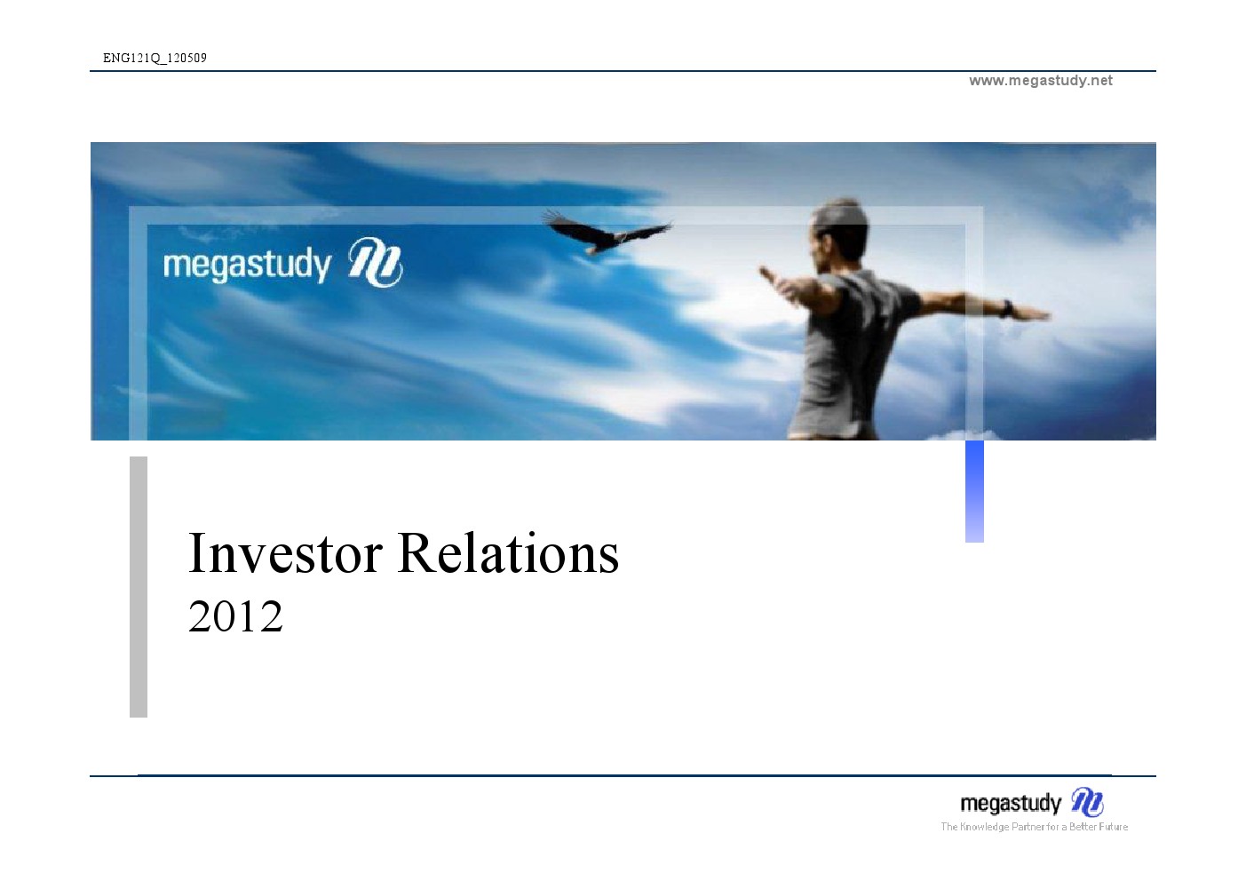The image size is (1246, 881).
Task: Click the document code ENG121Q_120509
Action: tap(155, 58)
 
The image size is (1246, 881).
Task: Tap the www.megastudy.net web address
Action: tap(1041, 81)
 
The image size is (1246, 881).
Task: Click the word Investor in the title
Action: tap(285, 553)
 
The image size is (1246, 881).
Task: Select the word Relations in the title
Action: tap(508, 553)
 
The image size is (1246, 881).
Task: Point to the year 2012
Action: tap(236, 616)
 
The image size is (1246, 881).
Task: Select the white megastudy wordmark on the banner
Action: tap(247, 265)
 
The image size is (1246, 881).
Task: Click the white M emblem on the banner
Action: tap(375, 262)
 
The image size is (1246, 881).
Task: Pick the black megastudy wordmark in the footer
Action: tap(1011, 804)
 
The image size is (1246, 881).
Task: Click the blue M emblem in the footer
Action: tap(1087, 802)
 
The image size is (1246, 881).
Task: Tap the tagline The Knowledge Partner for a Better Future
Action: tap(1034, 827)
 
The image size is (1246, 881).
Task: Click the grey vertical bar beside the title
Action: tap(139, 587)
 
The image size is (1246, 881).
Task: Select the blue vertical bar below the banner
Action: tap(974, 491)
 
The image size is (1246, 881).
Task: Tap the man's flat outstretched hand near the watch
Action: tap(1031, 314)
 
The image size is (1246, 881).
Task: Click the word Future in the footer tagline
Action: tap(1113, 827)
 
